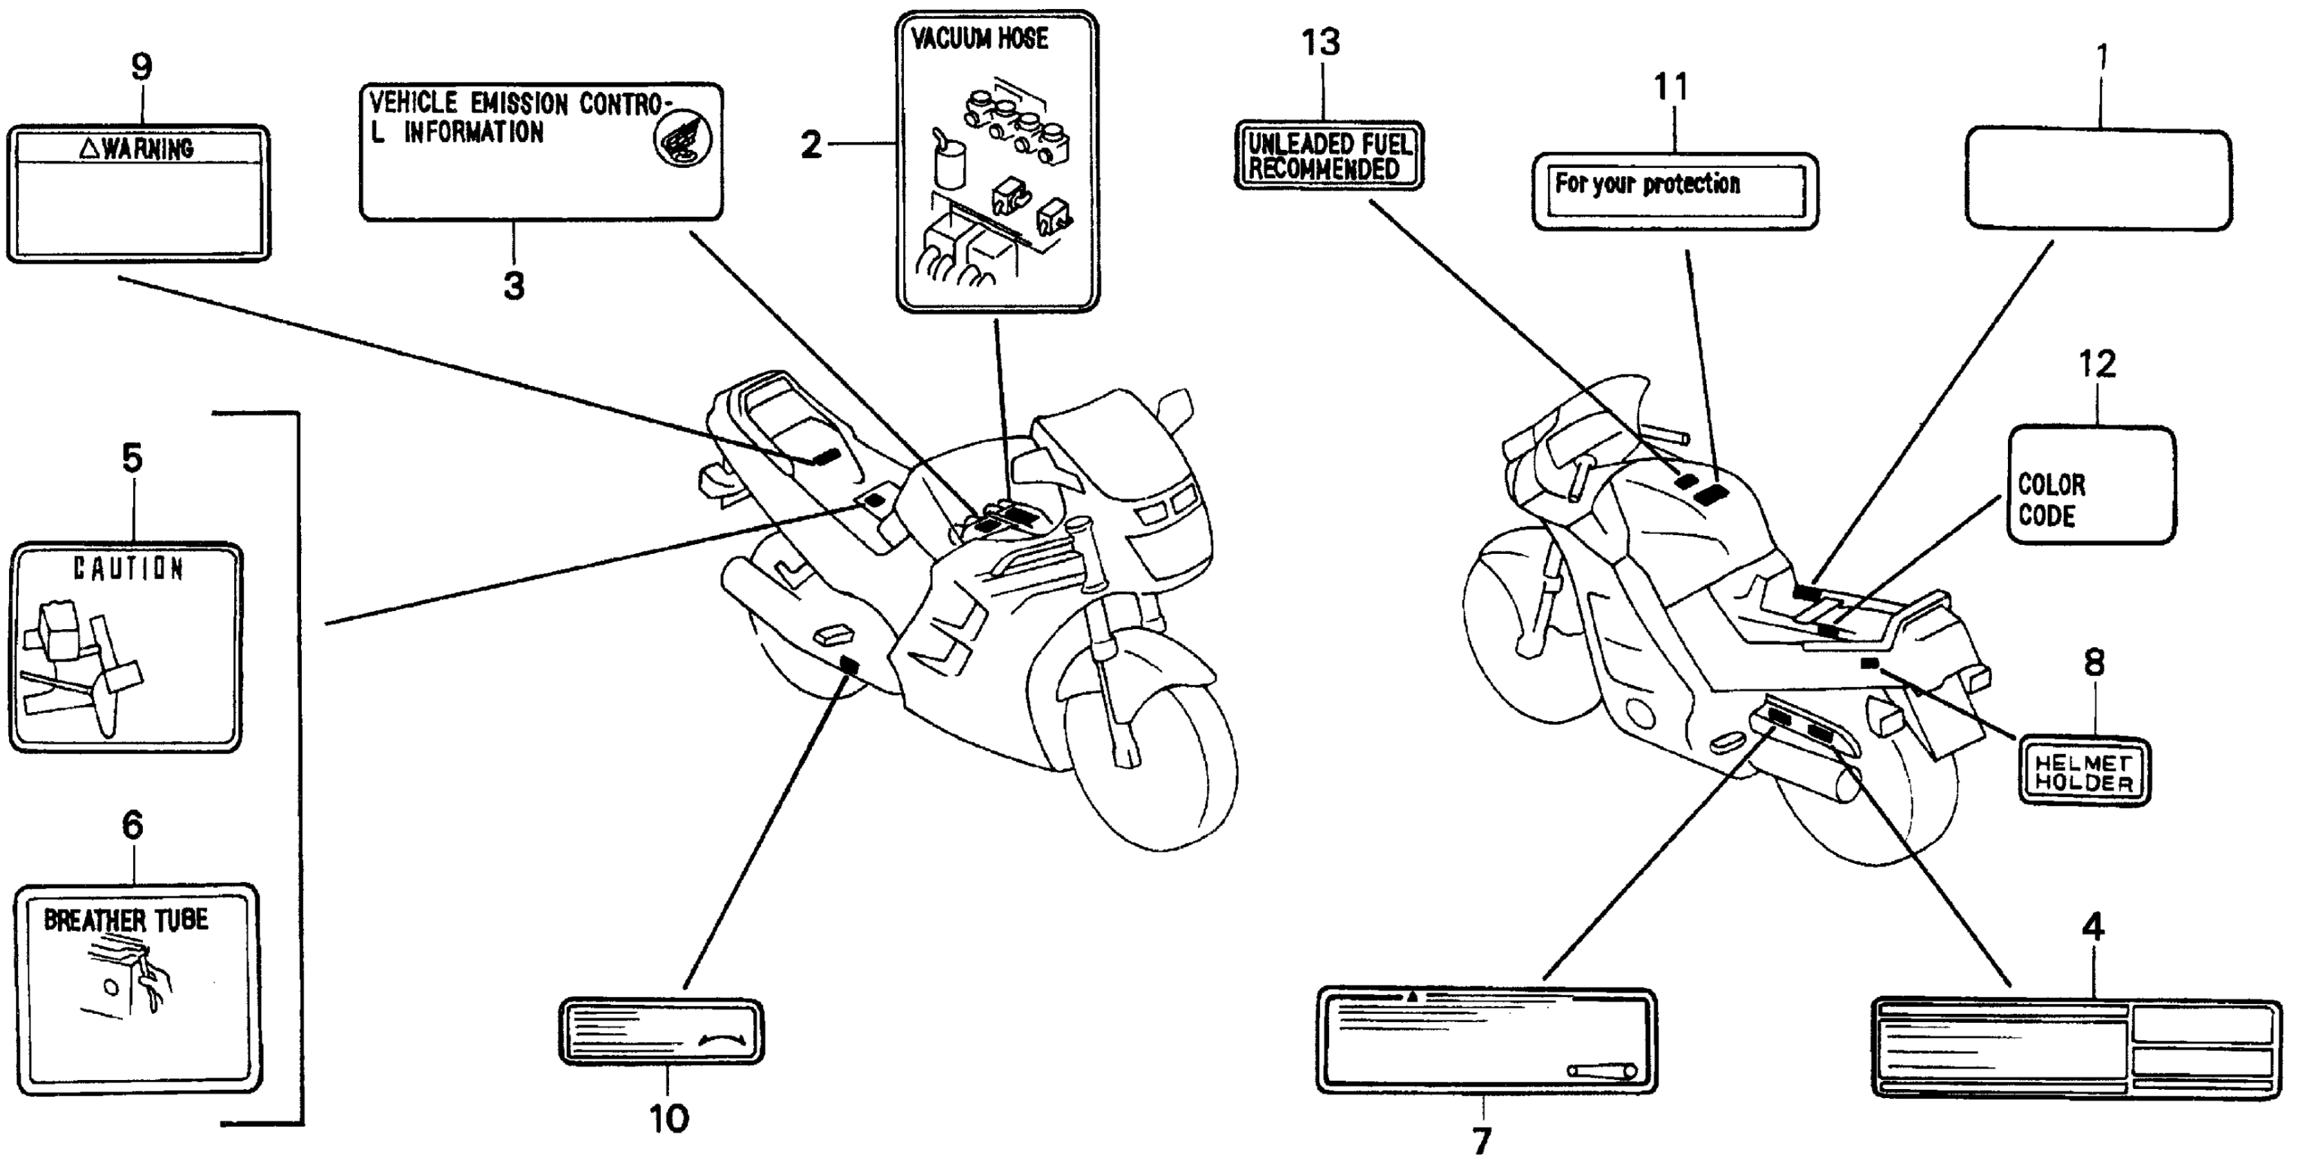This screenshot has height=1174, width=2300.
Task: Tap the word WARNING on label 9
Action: coord(147,148)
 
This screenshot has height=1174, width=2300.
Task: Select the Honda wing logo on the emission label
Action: coord(682,141)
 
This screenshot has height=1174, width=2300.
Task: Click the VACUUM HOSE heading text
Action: coord(980,39)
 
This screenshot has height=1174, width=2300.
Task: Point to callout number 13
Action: coord(1320,43)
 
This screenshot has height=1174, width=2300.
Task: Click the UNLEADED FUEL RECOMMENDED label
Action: coord(1328,156)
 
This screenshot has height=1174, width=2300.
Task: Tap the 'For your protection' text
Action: coord(1647,184)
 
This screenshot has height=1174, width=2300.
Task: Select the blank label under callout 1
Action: coord(2098,179)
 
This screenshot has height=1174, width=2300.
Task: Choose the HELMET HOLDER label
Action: coord(2084,772)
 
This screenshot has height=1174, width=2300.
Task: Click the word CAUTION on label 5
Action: coord(128,568)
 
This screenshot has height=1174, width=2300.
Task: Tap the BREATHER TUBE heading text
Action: coord(126,921)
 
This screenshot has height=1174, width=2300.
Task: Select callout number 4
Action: coord(2093,928)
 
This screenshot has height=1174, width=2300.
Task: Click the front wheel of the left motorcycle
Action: coord(1152,777)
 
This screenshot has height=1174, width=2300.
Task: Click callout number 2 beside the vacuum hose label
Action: coord(811,144)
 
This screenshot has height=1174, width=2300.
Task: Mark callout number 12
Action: coord(2096,364)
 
